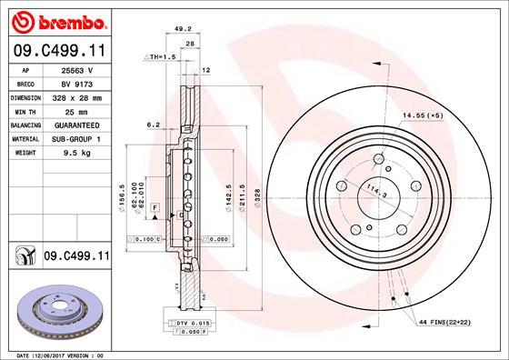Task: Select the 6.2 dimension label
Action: [154, 125]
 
